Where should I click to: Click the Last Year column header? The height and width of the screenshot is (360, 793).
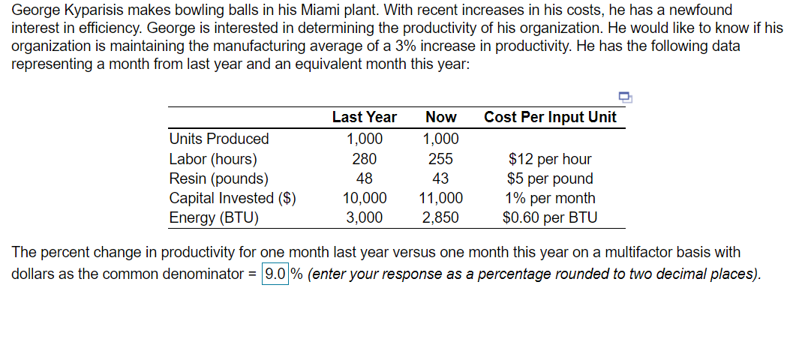(x=364, y=117)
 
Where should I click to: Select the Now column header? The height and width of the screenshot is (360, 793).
(x=440, y=117)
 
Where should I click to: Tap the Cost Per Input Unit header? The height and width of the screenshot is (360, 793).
(x=550, y=117)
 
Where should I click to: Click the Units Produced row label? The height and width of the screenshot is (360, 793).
(x=219, y=139)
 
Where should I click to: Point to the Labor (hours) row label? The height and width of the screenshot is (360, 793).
(x=213, y=159)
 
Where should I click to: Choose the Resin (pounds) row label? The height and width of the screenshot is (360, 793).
(x=218, y=178)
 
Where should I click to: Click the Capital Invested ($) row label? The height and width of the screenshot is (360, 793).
(x=233, y=198)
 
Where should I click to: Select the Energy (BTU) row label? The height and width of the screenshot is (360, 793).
(x=214, y=217)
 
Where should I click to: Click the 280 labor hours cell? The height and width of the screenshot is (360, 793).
(x=364, y=159)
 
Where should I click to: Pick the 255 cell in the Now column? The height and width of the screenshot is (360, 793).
(x=440, y=159)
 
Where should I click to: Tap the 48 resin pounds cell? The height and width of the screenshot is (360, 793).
(x=365, y=178)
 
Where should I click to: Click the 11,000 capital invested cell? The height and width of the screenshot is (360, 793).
(x=440, y=198)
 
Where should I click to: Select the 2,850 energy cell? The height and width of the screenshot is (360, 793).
(x=440, y=217)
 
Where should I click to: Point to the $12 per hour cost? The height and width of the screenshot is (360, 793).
(x=550, y=159)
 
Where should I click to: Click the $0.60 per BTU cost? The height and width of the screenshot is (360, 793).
(x=550, y=217)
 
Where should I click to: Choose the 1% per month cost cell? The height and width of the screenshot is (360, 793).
(x=550, y=198)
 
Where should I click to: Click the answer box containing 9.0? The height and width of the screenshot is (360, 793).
(x=275, y=274)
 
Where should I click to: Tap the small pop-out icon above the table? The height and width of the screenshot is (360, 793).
(x=624, y=96)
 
